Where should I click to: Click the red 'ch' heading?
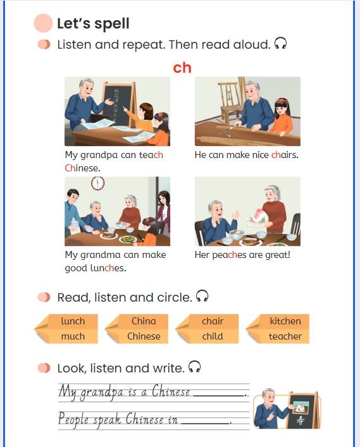182,68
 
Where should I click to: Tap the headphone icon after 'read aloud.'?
280,44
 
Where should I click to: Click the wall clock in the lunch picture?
98,183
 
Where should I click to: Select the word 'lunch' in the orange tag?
73,321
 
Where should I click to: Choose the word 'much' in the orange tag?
73,336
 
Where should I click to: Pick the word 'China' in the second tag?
144,321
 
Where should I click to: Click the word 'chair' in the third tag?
213,321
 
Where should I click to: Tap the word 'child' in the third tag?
213,336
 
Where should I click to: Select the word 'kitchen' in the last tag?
285,321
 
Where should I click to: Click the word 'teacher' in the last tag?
285,336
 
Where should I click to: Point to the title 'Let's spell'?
93,23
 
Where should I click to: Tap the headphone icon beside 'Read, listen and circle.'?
202,296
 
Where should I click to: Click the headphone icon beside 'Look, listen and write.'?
194,367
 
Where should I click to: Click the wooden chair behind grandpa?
229,100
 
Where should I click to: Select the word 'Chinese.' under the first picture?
82,168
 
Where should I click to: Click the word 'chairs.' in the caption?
285,155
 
